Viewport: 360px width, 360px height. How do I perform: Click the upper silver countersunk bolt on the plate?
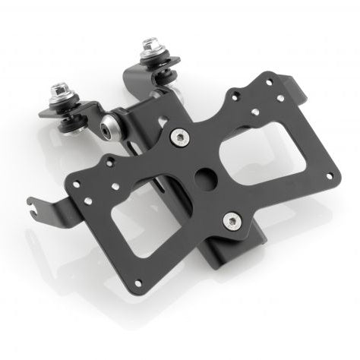(179, 137)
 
